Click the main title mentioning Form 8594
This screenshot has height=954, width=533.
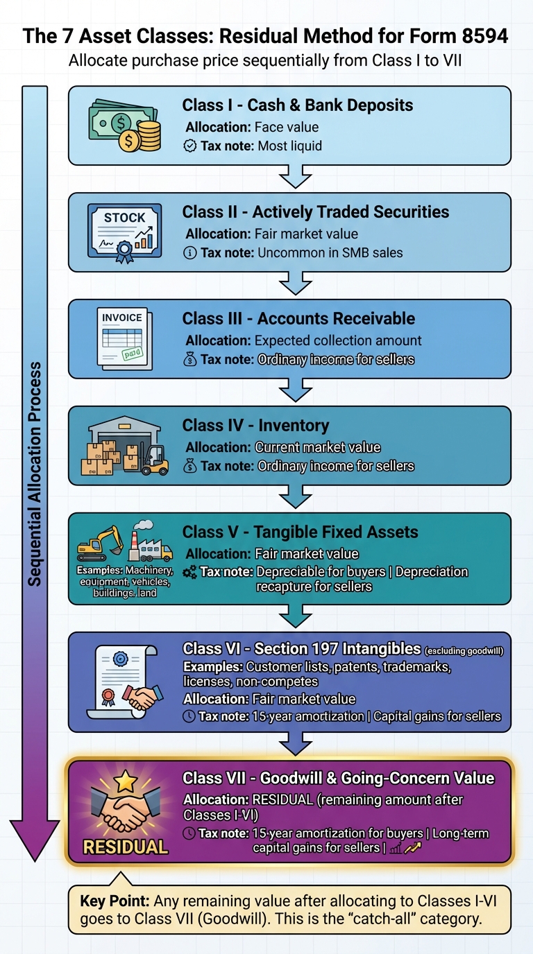click(x=266, y=36)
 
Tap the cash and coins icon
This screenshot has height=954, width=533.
click(x=124, y=125)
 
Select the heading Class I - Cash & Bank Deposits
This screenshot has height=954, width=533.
click(x=297, y=105)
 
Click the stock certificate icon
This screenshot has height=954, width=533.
click(x=124, y=232)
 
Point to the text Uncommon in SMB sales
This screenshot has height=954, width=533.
click(x=330, y=253)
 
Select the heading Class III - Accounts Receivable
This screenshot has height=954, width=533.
click(x=298, y=319)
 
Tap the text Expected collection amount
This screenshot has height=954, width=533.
click(x=338, y=340)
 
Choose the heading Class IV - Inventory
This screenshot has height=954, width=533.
click(x=255, y=426)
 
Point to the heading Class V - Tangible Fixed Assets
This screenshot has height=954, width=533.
click(x=300, y=532)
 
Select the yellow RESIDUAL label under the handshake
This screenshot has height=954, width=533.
click(x=125, y=847)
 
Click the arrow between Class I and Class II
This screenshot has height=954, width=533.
click(x=296, y=177)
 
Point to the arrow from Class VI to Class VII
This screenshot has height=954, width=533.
click(x=296, y=744)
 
